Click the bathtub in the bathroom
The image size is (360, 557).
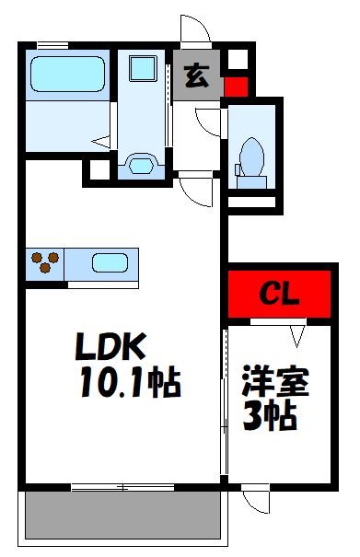pyautogui.click(x=67, y=73)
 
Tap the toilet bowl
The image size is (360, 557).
pyautogui.click(x=250, y=157)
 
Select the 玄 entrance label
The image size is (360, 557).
pyautogui.click(x=196, y=77)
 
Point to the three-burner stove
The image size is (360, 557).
pyautogui.click(x=42, y=262)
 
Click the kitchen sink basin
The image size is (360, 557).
pyautogui.click(x=111, y=262)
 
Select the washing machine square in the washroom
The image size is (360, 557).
pyautogui.click(x=142, y=70)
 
